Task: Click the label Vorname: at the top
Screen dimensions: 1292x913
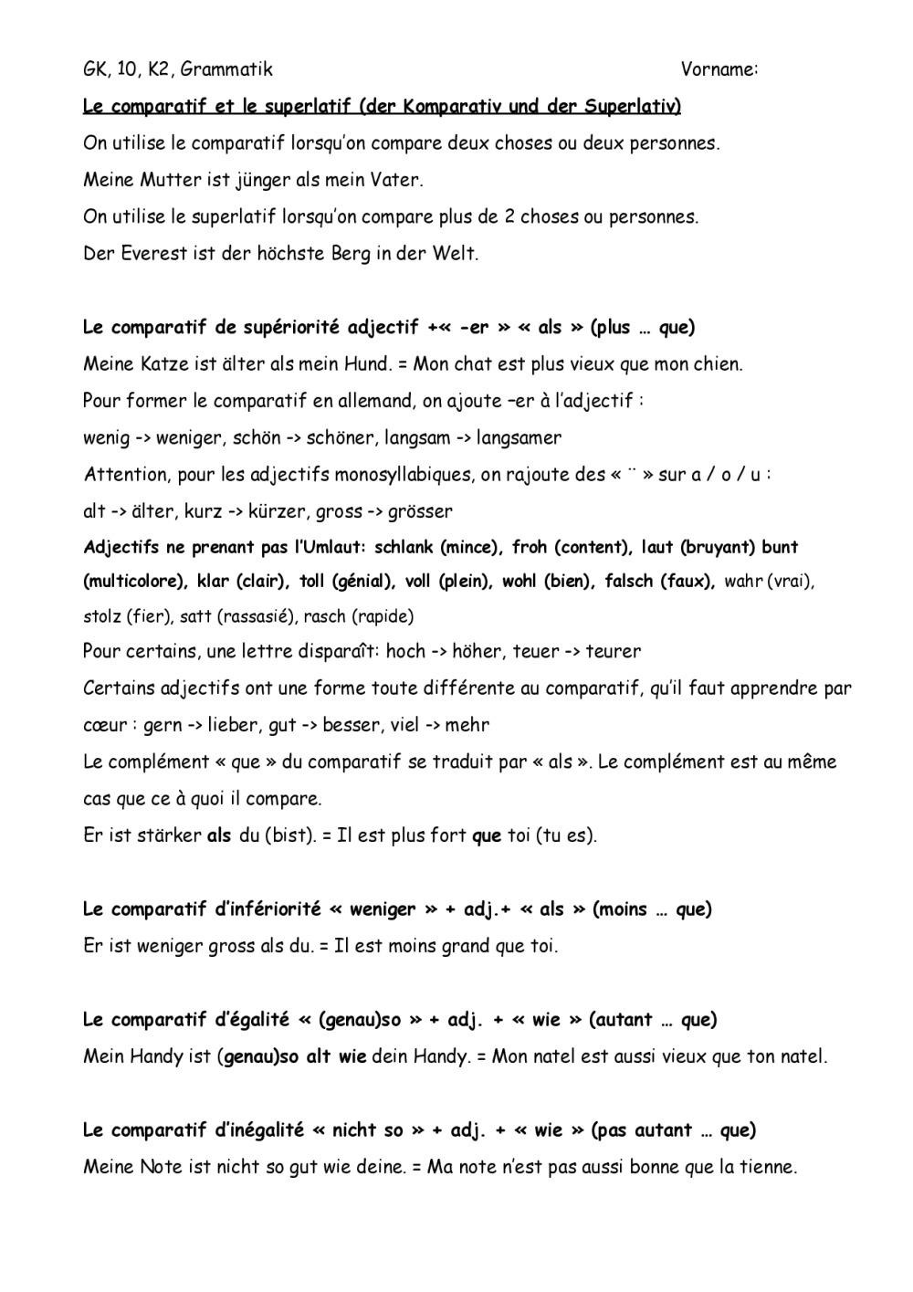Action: click(x=719, y=69)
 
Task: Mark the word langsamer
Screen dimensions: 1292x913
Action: click(x=519, y=437)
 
